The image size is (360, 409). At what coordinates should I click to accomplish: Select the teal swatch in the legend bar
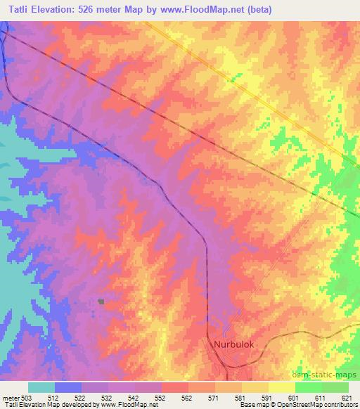click(x=41, y=387)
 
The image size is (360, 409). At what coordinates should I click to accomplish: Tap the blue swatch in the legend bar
click(x=67, y=387)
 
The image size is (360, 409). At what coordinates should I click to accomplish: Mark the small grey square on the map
click(x=101, y=302)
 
